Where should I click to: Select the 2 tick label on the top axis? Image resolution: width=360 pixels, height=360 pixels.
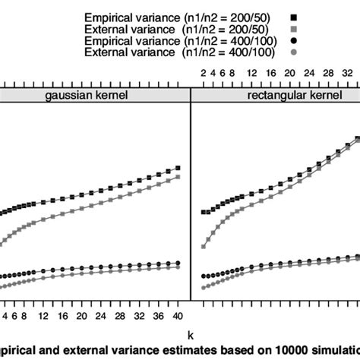204,72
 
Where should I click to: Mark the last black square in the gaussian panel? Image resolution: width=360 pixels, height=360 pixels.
178,168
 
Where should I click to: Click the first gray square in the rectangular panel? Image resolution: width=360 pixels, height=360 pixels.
204,247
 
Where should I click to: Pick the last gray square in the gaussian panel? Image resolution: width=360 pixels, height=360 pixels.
178,177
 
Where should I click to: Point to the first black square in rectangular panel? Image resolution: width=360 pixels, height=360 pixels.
204,213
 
